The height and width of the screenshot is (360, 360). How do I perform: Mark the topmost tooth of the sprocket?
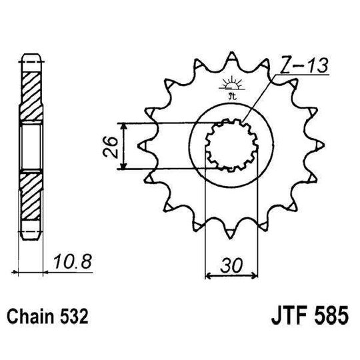tap(230, 57)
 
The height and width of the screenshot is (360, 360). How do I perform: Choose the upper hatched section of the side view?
tap(31, 89)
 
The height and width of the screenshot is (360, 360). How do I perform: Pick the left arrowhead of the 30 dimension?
tap(207, 273)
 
